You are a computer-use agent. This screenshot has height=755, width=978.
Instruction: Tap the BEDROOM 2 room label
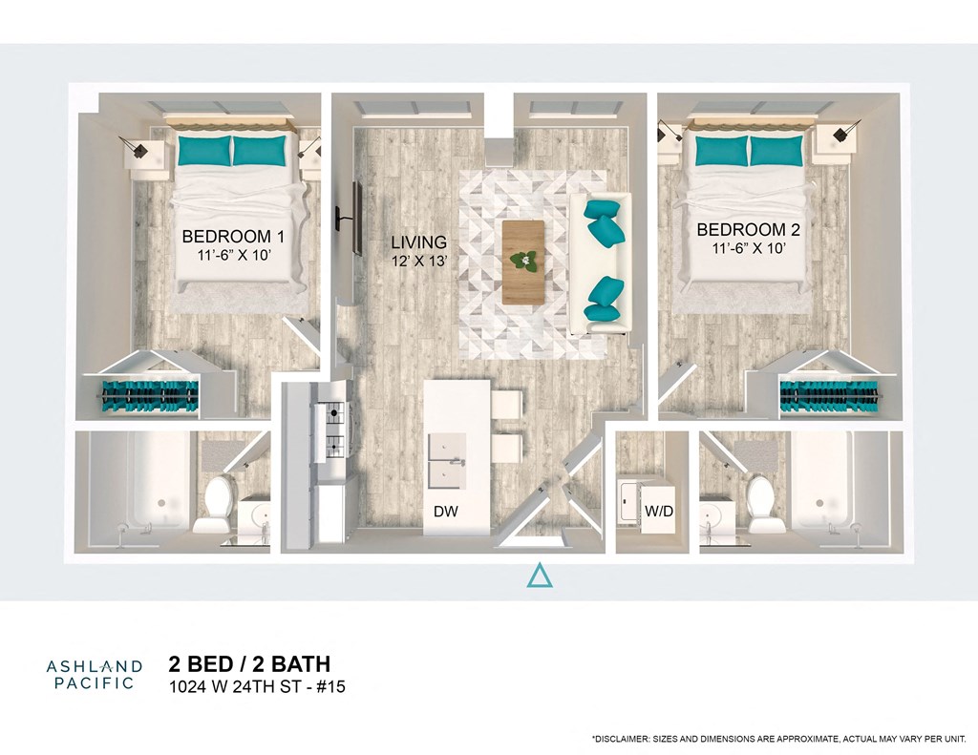pyautogui.click(x=740, y=230)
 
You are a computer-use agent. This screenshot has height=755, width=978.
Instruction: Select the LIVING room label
pyautogui.click(x=418, y=242)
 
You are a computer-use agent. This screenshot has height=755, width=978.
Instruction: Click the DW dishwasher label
pyautogui.click(x=445, y=512)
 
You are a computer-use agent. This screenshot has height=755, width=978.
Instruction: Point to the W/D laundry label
pyautogui.click(x=659, y=512)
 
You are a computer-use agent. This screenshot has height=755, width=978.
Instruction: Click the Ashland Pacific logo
pyautogui.click(x=94, y=674)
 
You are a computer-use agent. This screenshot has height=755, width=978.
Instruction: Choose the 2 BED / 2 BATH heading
pyautogui.click(x=249, y=664)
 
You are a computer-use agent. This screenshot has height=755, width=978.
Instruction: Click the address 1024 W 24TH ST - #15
pyautogui.click(x=256, y=686)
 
